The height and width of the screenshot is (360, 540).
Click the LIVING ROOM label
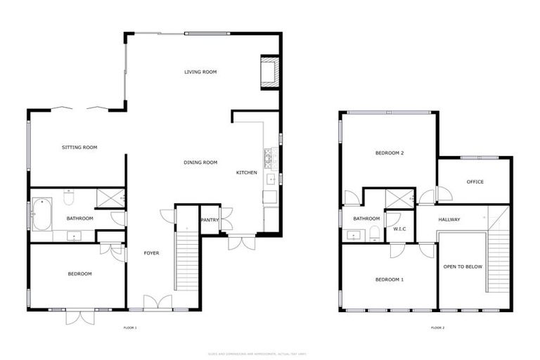200,72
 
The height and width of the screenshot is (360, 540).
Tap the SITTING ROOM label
79,148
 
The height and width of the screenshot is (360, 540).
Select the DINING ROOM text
200,162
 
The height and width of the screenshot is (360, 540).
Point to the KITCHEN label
246,172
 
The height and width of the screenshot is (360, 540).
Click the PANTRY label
210,220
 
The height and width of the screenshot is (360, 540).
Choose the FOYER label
152,253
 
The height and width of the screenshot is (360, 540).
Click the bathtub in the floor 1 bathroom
42,216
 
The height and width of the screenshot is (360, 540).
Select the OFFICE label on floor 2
475,182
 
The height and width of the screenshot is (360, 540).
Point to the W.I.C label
400,229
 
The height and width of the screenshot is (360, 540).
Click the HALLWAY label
449,220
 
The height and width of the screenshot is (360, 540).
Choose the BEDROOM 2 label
389,153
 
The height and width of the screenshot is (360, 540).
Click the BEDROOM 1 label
389,280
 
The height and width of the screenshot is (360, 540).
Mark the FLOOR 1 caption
130,328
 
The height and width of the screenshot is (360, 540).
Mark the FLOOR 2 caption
438,328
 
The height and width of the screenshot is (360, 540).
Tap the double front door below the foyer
157,304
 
